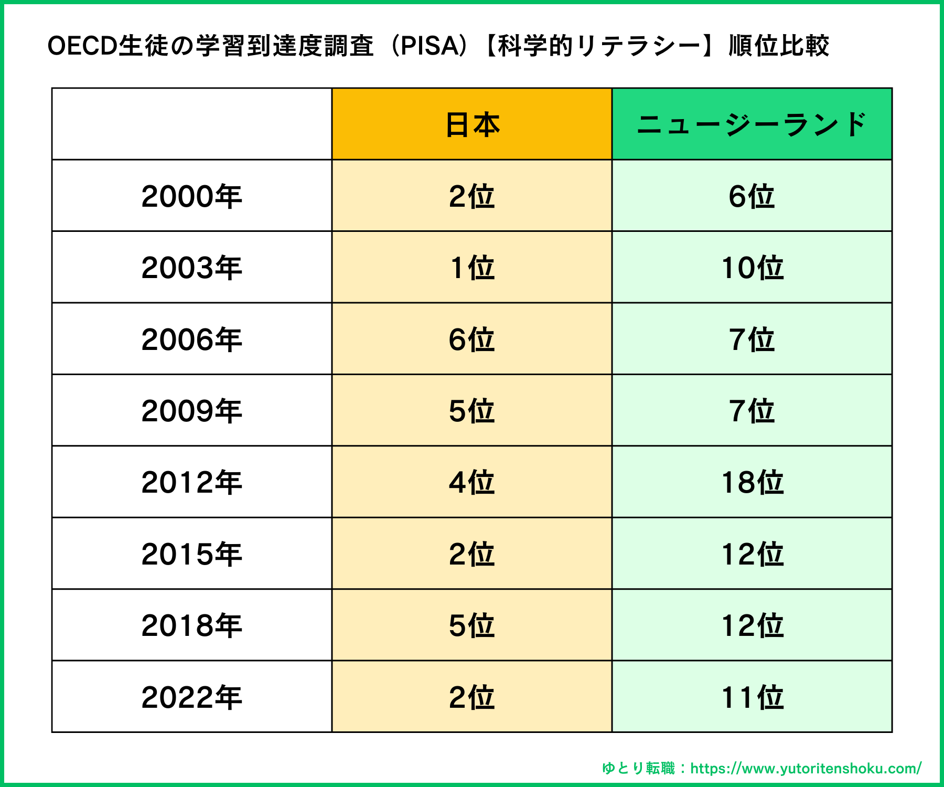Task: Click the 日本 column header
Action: pos(472,125)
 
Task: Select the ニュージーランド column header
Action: pos(752,125)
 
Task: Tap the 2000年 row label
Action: pos(191,196)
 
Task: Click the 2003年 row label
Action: pos(191,268)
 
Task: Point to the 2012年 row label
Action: pos(191,482)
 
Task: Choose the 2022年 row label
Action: pos(191,697)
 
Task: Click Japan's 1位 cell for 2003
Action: pos(472,268)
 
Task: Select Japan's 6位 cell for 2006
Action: pos(472,339)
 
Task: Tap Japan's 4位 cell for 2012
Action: pos(472,482)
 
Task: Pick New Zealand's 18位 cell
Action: pos(752,482)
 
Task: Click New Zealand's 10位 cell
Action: pos(752,268)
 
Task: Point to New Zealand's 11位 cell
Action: pos(752,697)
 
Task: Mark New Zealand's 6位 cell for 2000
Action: pos(752,196)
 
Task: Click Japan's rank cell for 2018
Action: pos(472,625)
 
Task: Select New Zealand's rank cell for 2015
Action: pos(752,554)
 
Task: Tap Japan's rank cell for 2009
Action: pos(472,411)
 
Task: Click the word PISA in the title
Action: pos(430,46)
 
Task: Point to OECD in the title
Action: pos(82,46)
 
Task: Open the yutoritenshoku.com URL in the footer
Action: pos(806,769)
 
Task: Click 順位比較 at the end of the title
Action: pos(778,46)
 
